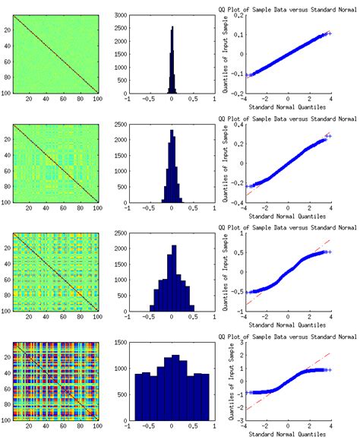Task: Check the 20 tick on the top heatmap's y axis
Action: tap(8, 30)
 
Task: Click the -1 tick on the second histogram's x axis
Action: tap(126, 206)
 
